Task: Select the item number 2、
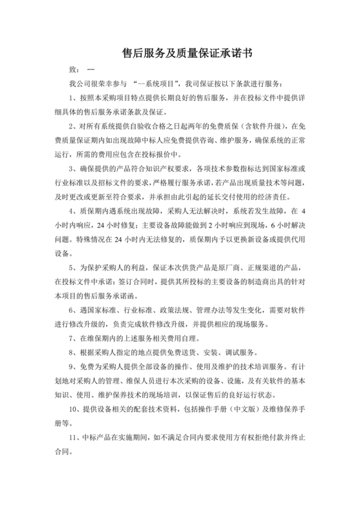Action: tap(73, 126)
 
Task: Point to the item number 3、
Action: tap(73, 168)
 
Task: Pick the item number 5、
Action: tap(73, 267)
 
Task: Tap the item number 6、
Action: tap(73, 309)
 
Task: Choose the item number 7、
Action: tap(73, 337)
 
